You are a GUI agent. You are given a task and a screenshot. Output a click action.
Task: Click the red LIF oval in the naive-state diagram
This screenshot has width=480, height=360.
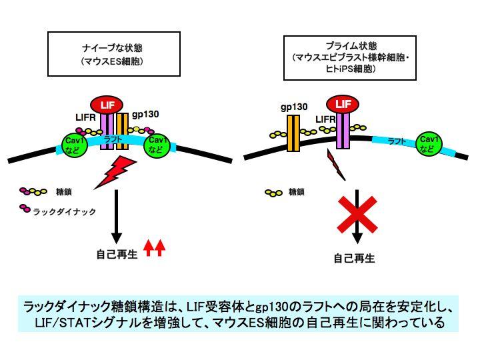click(107, 105)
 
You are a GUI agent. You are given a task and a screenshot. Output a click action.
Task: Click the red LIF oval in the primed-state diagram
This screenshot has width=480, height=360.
click(343, 104)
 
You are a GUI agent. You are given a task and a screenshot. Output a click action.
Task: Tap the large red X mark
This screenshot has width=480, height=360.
click(357, 215)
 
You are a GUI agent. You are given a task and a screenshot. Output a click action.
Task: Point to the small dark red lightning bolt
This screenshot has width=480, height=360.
click(336, 165)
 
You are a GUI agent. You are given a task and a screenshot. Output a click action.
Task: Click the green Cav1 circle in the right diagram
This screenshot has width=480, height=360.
click(429, 144)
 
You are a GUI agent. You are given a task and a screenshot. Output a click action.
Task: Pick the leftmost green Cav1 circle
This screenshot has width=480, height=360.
click(75, 145)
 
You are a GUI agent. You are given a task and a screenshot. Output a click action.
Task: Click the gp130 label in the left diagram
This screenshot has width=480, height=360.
click(145, 115)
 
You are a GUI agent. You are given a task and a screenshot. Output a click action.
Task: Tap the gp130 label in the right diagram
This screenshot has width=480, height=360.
click(294, 107)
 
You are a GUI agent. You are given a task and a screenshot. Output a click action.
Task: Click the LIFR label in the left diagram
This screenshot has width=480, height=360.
click(85, 117)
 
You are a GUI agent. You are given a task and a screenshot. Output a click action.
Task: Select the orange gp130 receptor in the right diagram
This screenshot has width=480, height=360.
click(293, 133)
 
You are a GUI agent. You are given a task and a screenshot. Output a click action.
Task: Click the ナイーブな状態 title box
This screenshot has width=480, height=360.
click(114, 54)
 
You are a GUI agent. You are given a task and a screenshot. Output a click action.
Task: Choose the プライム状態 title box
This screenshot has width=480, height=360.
click(350, 57)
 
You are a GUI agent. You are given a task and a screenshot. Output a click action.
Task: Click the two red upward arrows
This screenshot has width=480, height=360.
click(155, 247)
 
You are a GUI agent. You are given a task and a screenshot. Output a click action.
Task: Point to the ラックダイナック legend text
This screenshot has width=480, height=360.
click(64, 211)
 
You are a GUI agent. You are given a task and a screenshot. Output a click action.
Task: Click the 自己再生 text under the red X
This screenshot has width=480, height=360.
click(354, 259)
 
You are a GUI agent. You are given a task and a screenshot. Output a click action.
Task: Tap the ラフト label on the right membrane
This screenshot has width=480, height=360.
click(397, 141)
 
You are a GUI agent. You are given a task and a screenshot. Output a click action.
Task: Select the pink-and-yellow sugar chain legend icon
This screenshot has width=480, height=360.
click(33, 191)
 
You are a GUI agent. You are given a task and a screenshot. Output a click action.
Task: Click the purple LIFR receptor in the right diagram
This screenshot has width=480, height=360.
click(343, 131)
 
